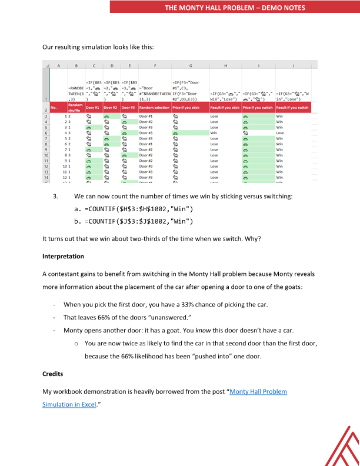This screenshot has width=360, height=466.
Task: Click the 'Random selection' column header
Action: [155, 108]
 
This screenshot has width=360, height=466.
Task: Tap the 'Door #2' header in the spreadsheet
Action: [111, 108]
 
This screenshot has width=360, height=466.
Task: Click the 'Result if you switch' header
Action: [292, 108]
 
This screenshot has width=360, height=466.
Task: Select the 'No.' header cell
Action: [54, 108]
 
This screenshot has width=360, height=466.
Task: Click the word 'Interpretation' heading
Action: [63, 257]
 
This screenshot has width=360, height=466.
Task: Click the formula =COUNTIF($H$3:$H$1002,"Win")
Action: [139, 209]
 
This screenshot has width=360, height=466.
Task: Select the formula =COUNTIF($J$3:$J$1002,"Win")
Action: [139, 221]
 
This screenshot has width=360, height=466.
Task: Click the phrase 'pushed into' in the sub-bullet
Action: [247, 356]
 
